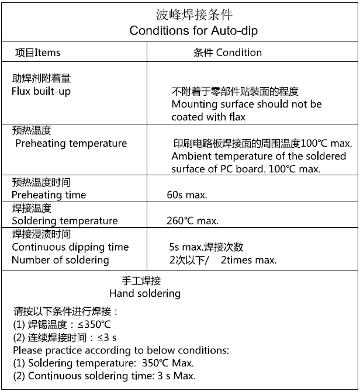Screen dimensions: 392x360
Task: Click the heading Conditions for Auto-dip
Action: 193,30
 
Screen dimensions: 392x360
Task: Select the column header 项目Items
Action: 37,53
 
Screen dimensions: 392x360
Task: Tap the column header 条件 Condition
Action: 227,53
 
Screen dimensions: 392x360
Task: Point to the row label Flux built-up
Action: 41,91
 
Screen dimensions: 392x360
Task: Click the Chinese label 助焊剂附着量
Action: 41,79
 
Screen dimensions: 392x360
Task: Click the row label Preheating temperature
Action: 71,143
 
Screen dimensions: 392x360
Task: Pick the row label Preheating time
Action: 49,195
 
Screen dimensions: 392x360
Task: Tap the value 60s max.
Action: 187,195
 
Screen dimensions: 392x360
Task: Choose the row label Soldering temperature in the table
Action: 64,221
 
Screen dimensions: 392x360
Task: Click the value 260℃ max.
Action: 192,221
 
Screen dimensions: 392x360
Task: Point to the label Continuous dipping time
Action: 70,247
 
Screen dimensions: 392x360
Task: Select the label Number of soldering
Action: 60,260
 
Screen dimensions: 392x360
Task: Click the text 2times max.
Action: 248,260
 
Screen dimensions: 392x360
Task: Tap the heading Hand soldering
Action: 145,293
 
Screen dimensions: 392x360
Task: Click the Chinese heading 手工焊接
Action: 145,281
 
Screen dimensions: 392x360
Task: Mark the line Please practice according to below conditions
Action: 120,351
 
